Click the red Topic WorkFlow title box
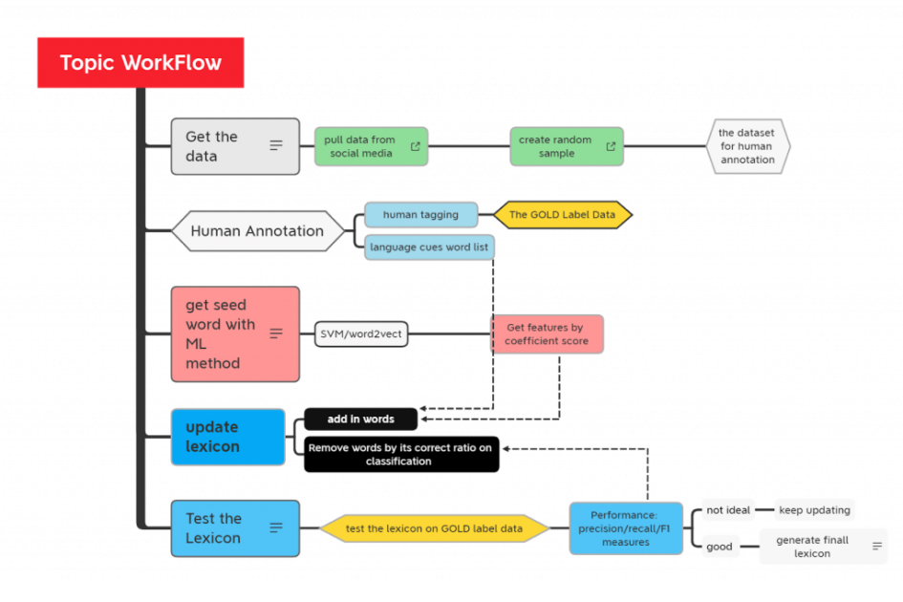pyautogui.click(x=140, y=63)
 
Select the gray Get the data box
pyautogui.click(x=234, y=146)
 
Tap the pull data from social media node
pyautogui.click(x=371, y=146)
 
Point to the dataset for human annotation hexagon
pyautogui.click(x=747, y=146)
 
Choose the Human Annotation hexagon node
pyautogui.click(x=257, y=231)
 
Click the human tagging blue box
pyautogui.click(x=420, y=215)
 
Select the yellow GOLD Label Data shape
pyautogui.click(x=562, y=215)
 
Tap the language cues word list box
pyautogui.click(x=429, y=247)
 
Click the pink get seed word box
pyautogui.click(x=234, y=333)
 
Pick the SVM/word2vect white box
pyautogui.click(x=360, y=334)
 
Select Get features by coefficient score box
pyautogui.click(x=547, y=334)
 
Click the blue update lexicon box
pyautogui.click(x=227, y=437)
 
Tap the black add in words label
pyautogui.click(x=361, y=419)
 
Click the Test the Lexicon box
pyautogui.click(x=234, y=528)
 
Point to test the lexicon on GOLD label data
pyautogui.click(x=434, y=528)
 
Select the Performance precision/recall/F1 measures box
pyautogui.click(x=626, y=528)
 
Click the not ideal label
pyautogui.click(x=728, y=510)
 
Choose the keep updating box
pyautogui.click(x=814, y=510)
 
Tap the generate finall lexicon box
pyautogui.click(x=823, y=547)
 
